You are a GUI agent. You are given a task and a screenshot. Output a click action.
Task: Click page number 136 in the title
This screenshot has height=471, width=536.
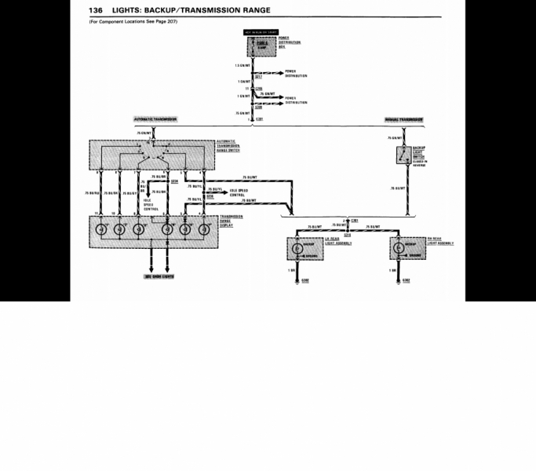point(97,9)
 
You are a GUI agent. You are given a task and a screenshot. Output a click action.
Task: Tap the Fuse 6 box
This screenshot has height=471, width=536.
point(261,46)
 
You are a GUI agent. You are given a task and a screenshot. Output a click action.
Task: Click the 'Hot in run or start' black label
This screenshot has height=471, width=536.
point(261,33)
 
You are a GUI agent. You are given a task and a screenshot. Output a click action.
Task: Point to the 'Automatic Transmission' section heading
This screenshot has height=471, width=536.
point(155,119)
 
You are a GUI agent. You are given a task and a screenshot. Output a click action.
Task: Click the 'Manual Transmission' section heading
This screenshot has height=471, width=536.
point(403,119)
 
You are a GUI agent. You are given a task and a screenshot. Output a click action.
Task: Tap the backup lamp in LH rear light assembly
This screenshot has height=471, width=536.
point(297,249)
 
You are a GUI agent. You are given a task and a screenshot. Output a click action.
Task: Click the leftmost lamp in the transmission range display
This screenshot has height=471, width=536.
point(100,231)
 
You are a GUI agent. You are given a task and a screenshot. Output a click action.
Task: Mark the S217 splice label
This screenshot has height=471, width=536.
point(258,76)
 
